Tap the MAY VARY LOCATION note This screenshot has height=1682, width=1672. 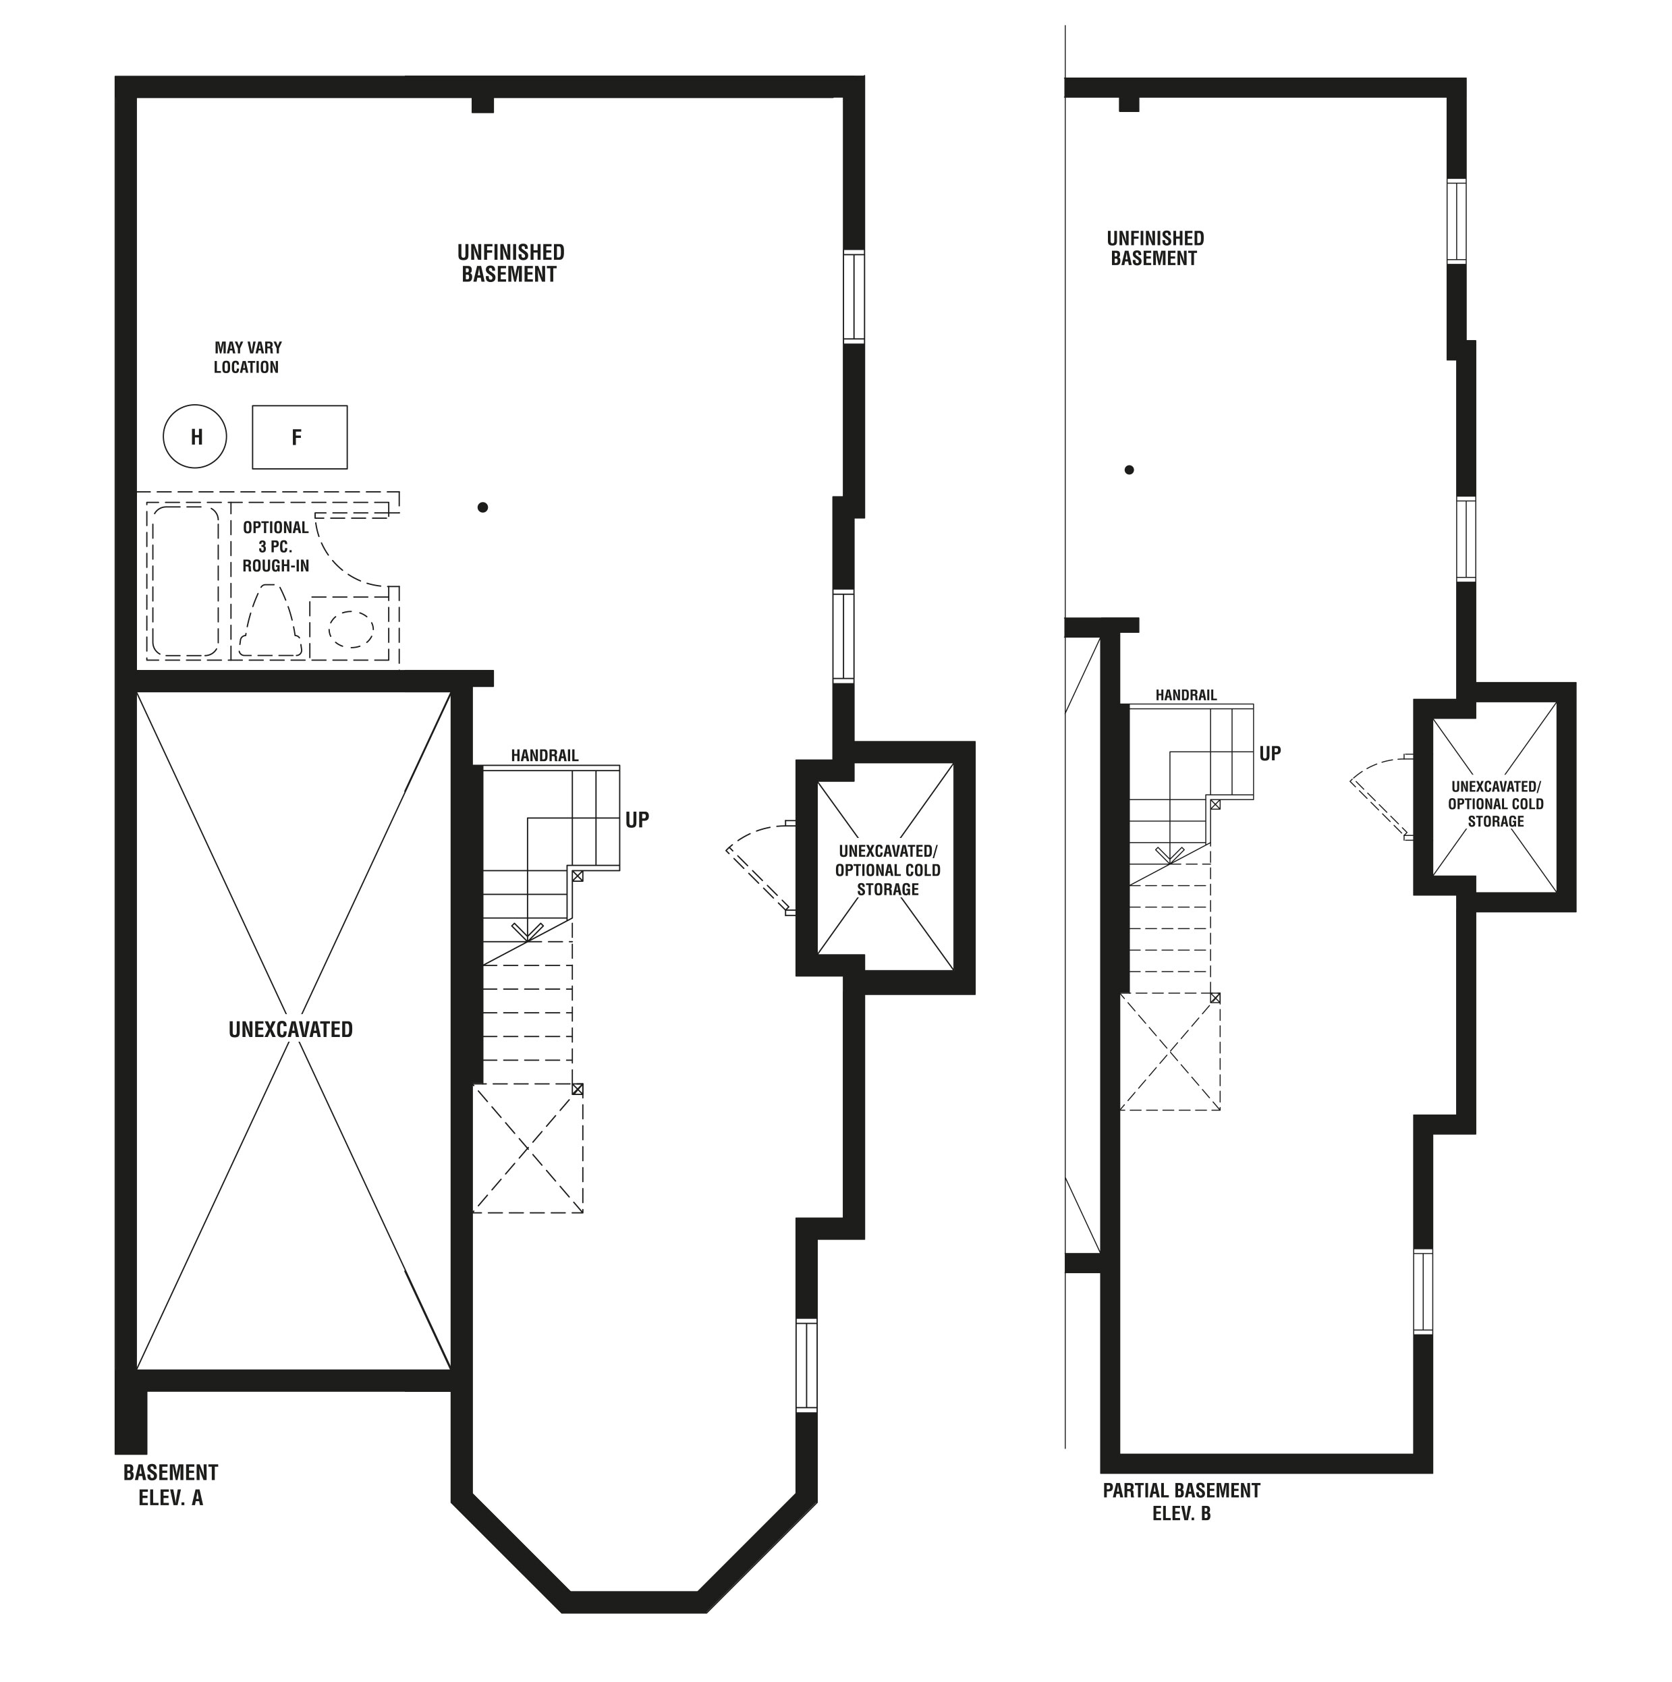pos(248,358)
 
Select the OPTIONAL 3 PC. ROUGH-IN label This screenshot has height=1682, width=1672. pos(276,546)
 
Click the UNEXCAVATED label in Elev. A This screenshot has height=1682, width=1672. pos(291,1030)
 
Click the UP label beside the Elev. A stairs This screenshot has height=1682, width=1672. pos(638,820)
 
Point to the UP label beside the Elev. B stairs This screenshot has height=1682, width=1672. pos(1271,754)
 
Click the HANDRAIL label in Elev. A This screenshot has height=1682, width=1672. pos(545,756)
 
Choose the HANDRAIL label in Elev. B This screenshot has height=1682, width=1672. pos(1186,696)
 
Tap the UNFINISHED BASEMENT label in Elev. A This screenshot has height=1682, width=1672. pos(511,263)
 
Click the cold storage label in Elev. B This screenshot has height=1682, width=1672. pos(1496,804)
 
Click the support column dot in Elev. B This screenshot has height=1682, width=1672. pos(1130,470)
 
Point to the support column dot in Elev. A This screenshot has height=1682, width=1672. pos(482,507)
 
